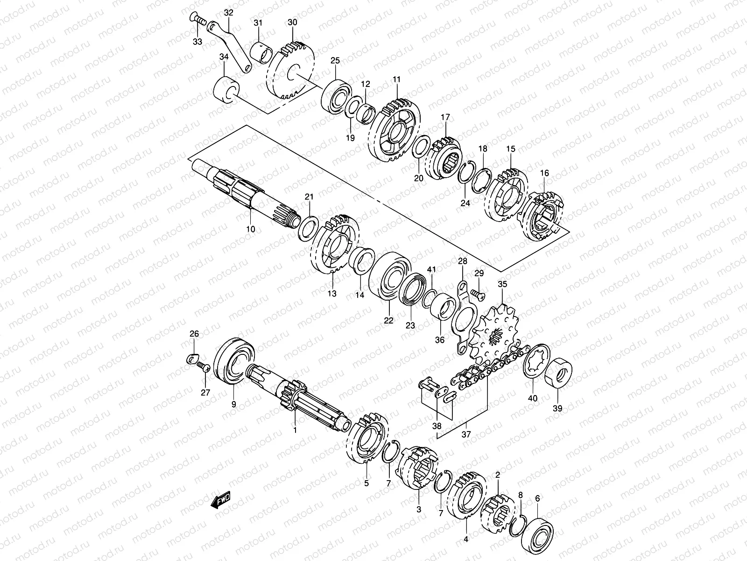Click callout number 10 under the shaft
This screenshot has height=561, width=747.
250,229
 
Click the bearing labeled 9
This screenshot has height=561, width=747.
234,361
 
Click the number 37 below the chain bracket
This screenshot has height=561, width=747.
466,434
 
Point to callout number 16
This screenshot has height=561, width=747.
544,173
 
